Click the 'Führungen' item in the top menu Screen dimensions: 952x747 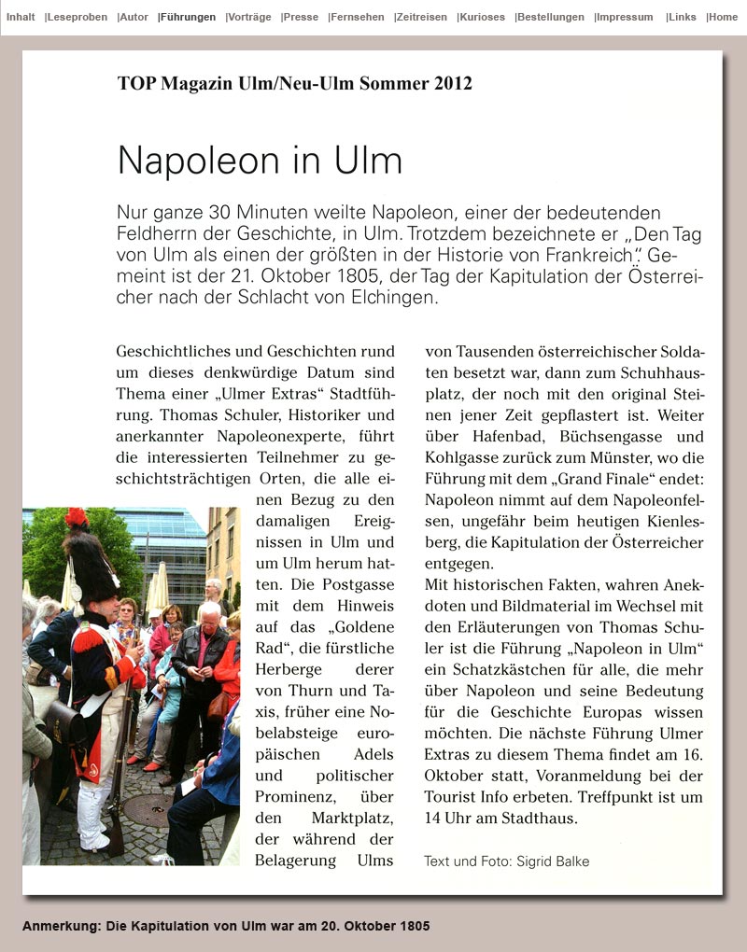point(188,17)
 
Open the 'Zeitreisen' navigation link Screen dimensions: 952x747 point(421,17)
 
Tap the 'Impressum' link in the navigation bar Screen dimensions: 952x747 point(624,17)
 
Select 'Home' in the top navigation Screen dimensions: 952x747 point(723,17)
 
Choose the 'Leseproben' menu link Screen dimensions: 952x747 point(77,17)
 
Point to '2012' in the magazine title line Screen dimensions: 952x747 point(453,83)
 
